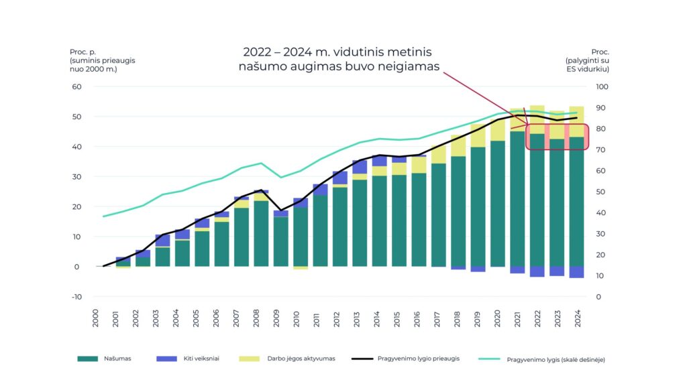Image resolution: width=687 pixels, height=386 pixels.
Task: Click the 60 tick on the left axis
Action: [x=76, y=86]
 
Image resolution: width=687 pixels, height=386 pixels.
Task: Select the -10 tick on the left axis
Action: [x=76, y=297]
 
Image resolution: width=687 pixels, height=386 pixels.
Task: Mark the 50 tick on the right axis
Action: [x=601, y=192]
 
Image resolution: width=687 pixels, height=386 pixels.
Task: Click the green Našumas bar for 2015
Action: [x=399, y=221]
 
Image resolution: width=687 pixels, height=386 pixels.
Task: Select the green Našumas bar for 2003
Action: [x=163, y=257]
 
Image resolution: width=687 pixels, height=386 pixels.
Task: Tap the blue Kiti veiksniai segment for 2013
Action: [x=360, y=167]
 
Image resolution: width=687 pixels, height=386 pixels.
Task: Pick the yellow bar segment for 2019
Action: [x=478, y=135]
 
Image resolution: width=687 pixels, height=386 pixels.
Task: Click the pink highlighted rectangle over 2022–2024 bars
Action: [x=557, y=137]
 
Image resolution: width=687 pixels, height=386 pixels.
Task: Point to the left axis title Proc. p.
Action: [x=83, y=52]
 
